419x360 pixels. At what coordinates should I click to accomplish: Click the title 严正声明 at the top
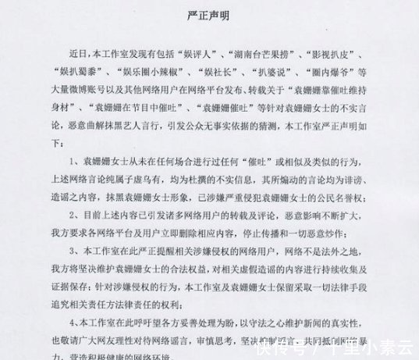(210, 14)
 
